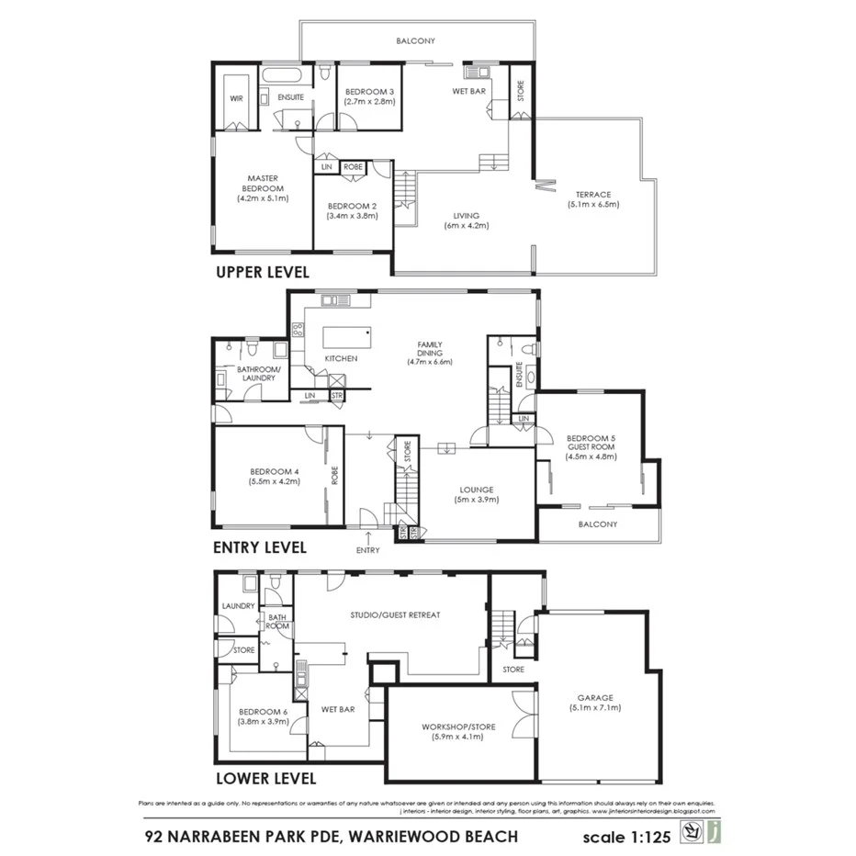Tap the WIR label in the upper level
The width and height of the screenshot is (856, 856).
pyautogui.click(x=236, y=97)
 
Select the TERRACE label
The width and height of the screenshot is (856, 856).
pyautogui.click(x=593, y=195)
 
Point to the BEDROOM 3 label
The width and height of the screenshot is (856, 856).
pyautogui.click(x=369, y=92)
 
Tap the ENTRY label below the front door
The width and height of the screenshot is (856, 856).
pyautogui.click(x=367, y=550)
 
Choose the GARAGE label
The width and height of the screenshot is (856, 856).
pyautogui.click(x=595, y=697)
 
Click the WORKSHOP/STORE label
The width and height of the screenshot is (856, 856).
pyautogui.click(x=458, y=726)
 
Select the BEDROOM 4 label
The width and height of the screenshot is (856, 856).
pyautogui.click(x=274, y=471)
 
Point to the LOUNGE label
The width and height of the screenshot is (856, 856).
pyautogui.click(x=477, y=490)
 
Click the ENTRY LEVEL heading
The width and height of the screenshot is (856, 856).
pyautogui.click(x=259, y=547)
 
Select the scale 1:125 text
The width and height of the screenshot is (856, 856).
pyautogui.click(x=627, y=837)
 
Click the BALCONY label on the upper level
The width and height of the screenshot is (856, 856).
pyautogui.click(x=415, y=41)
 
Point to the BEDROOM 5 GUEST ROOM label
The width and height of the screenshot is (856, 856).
pyautogui.click(x=590, y=443)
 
